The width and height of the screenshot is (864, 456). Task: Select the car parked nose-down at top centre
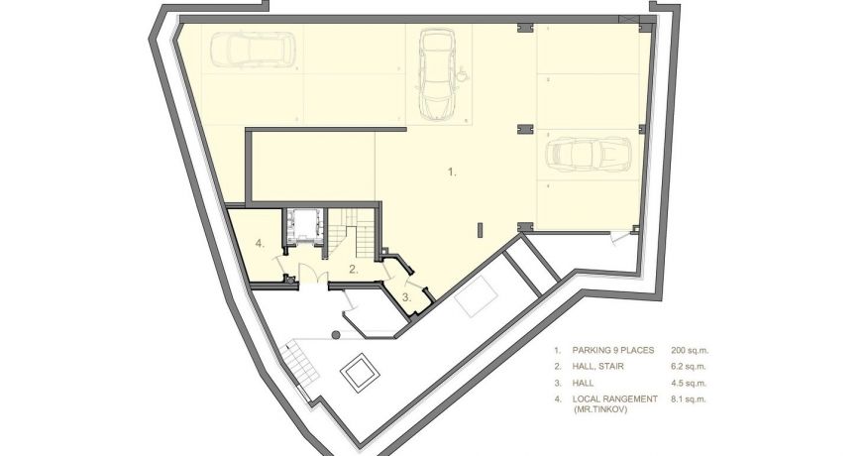click(436, 71)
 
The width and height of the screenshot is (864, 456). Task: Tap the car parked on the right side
click(588, 155)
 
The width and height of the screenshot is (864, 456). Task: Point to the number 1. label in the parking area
click(452, 171)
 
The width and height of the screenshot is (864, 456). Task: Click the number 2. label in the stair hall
click(353, 269)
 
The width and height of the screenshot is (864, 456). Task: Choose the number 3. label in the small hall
click(406, 296)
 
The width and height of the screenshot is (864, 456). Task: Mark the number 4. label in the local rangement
click(260, 243)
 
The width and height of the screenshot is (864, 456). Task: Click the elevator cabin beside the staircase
click(304, 226)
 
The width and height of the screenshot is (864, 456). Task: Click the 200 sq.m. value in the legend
click(690, 351)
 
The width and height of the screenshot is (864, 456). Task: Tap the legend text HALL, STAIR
click(596, 367)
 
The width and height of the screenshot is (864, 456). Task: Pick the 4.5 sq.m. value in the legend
click(691, 383)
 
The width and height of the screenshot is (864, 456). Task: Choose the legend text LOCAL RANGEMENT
click(615, 399)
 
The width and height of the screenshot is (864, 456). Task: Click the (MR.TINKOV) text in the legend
click(600, 408)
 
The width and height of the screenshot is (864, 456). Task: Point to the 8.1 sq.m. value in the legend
click(691, 399)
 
